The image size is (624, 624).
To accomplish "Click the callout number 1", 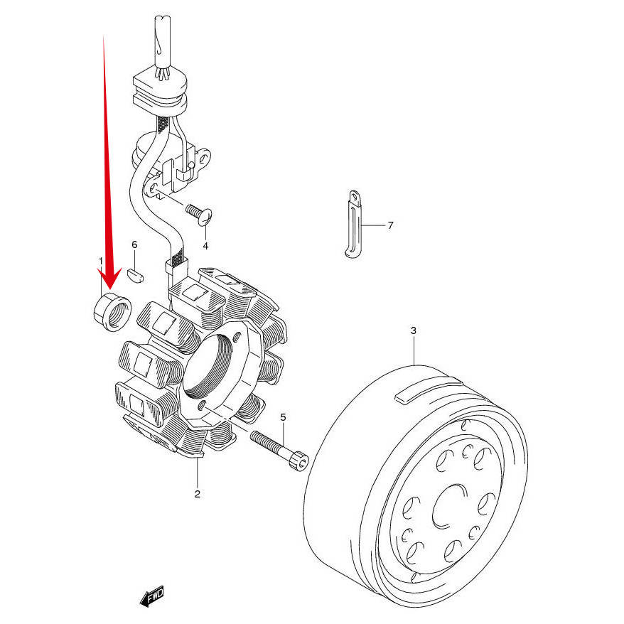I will [101, 261].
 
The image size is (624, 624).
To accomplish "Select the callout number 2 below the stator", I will [197, 493].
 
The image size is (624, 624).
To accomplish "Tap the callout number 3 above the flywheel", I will [413, 330].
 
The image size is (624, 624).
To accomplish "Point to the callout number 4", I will [205, 246].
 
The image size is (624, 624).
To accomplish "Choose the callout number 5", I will [282, 416].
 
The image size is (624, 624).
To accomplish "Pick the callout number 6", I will [134, 244].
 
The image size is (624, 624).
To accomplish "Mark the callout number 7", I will [390, 225].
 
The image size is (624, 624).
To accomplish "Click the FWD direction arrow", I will [152, 596].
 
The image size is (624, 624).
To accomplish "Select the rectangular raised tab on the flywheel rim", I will [426, 390].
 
